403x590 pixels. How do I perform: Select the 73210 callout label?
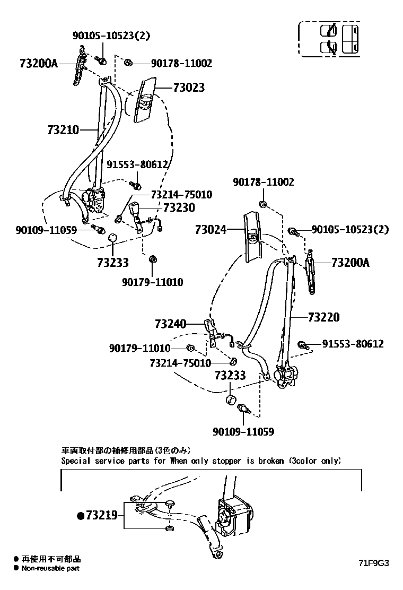pyautogui.click(x=63, y=130)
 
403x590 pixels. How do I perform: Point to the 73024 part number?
pyautogui.click(x=211, y=230)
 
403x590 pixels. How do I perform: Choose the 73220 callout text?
pyautogui.click(x=323, y=317)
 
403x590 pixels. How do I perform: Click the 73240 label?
pyautogui.click(x=171, y=323)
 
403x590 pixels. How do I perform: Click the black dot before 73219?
pyautogui.click(x=81, y=516)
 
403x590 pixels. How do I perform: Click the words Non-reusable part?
pyautogui.click(x=50, y=568)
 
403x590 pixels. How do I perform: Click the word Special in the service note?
pyautogui.click(x=75, y=461)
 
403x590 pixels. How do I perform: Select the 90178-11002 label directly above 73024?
pyautogui.click(x=264, y=182)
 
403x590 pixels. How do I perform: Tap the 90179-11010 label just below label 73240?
pyautogui.click(x=140, y=349)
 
